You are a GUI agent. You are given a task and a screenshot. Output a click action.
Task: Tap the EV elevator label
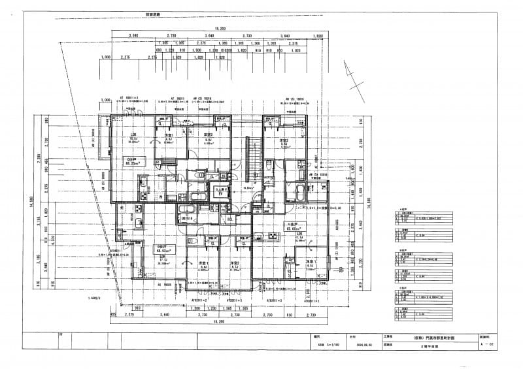221,193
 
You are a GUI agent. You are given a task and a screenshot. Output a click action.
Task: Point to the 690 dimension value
158,50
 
